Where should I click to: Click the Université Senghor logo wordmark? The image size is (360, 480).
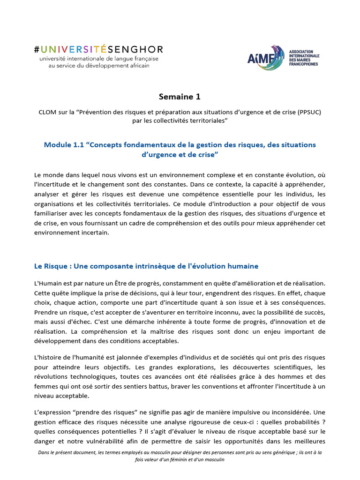pos(98,49)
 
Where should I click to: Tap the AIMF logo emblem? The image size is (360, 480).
pos(265,58)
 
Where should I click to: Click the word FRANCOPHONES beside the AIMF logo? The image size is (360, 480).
pos(303,64)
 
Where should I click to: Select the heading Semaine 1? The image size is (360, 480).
pos(180,97)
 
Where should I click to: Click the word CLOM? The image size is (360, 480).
pos(47,112)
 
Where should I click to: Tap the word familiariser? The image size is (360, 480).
pos(51,214)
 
